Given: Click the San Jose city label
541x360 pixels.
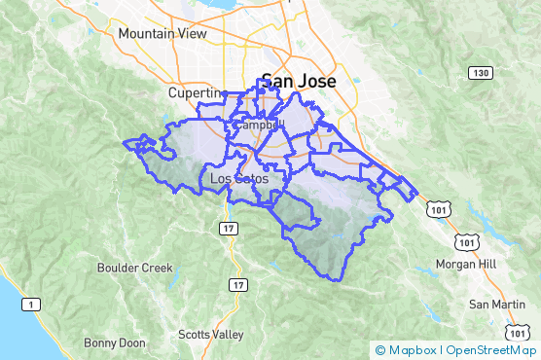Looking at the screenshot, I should click(296, 83).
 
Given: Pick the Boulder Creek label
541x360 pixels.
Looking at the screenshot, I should click(134, 268).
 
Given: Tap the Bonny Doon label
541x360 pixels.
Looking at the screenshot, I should click(114, 342).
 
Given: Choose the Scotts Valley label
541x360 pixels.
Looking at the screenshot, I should click(211, 335).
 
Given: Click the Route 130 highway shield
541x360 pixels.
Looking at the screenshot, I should click(479, 73).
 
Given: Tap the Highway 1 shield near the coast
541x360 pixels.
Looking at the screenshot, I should click(32, 305).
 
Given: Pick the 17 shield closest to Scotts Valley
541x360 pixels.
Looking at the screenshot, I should click(237, 284).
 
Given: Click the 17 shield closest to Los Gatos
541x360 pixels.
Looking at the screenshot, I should click(227, 228).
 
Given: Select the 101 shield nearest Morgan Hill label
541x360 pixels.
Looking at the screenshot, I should click(468, 242).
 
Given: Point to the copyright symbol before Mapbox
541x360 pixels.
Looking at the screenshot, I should click(379, 350).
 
